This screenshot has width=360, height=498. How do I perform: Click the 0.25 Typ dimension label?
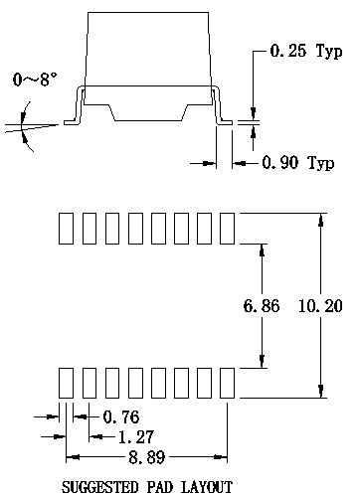(306, 52)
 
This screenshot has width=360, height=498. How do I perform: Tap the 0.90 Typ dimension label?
(298, 163)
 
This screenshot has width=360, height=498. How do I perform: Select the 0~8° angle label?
(35, 80)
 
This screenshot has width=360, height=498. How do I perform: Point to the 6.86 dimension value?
(262, 305)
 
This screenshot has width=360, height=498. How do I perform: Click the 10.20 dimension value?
(320, 305)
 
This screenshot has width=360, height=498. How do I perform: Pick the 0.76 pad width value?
(121, 416)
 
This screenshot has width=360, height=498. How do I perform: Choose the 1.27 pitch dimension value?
(136, 437)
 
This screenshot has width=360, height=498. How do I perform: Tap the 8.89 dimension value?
(147, 457)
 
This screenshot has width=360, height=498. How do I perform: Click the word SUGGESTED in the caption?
(99, 487)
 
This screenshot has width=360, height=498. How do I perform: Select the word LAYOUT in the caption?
(207, 487)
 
